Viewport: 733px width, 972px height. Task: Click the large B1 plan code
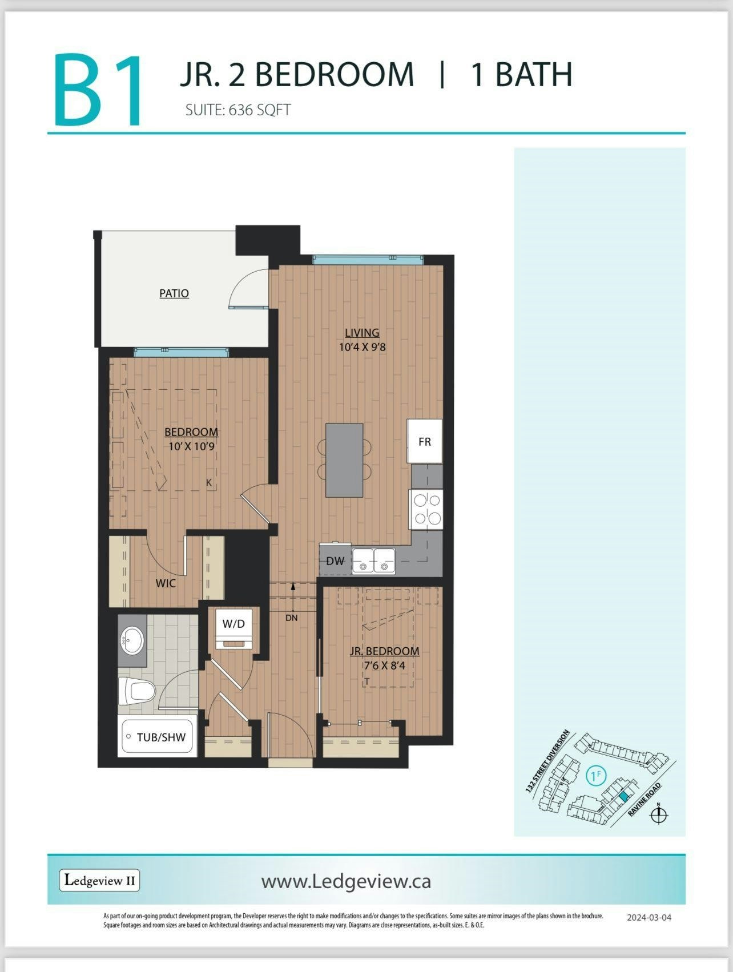[98, 90]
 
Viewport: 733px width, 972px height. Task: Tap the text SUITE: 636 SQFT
[238, 110]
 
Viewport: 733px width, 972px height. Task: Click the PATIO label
[174, 293]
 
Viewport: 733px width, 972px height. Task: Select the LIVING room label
[362, 332]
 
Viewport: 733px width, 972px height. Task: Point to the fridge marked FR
[424, 441]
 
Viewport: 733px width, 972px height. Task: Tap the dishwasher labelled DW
[335, 560]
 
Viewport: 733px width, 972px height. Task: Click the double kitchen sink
[373, 560]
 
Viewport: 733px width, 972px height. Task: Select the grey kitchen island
[344, 460]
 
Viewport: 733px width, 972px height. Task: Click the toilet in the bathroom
[136, 692]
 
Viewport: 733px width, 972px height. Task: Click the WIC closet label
[166, 583]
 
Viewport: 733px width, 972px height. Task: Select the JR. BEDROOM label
[384, 651]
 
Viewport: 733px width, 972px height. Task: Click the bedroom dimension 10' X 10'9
[191, 446]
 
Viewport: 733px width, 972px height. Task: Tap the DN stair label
[292, 618]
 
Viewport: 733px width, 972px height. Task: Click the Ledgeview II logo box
[99, 880]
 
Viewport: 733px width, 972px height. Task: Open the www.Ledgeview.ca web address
[346, 881]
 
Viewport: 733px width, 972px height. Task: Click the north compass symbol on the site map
[659, 815]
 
